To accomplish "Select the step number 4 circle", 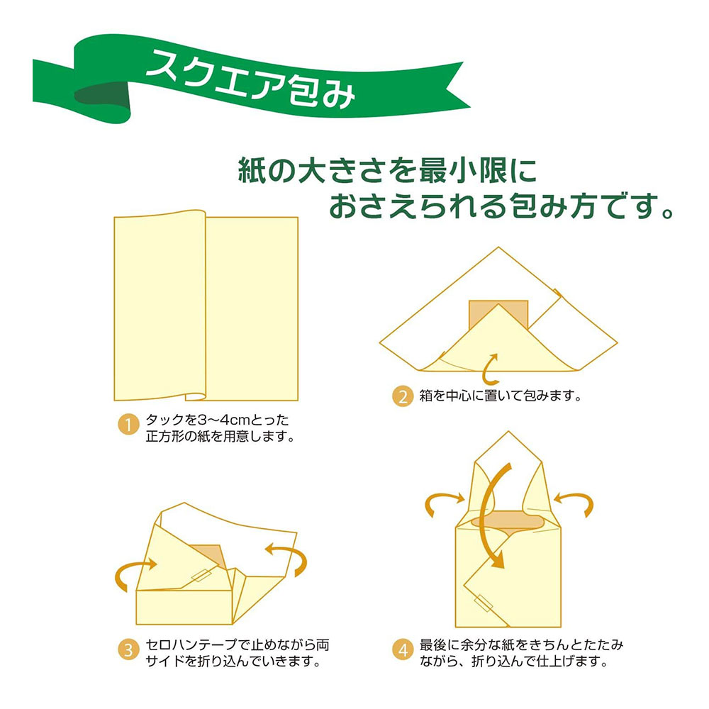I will coord(402,649).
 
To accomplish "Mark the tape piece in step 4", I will coord(486,603).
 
